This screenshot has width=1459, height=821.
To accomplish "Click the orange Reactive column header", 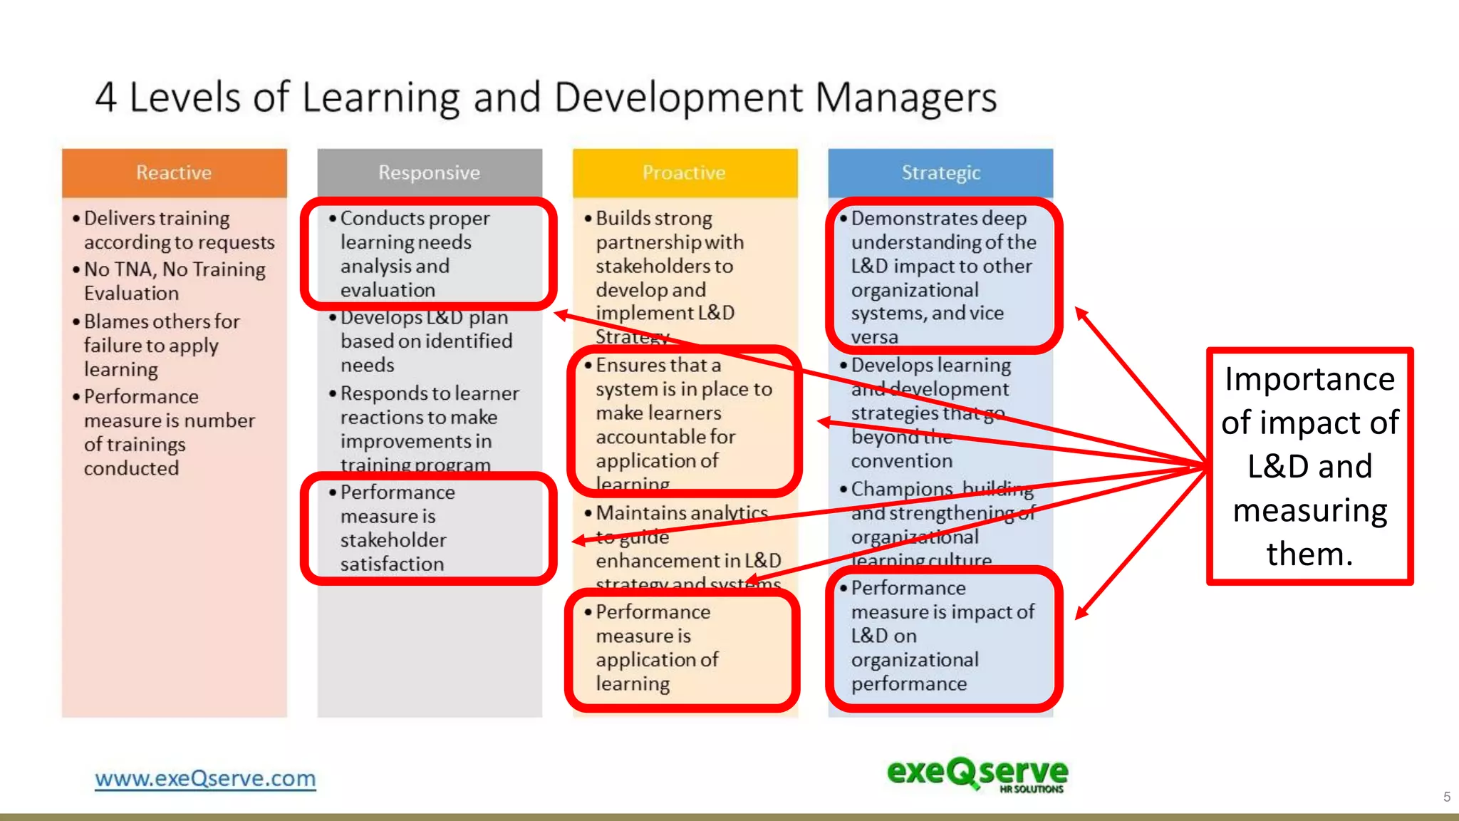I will coord(174,172).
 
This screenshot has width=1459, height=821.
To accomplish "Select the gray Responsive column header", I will coord(429,172).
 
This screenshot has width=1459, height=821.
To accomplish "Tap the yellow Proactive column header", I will coord(684,172).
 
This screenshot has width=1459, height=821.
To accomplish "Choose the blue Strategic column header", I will coord(940,172).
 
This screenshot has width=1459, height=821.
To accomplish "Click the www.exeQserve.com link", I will coord(205,778).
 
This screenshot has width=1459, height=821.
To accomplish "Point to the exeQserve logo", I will coord(977,774).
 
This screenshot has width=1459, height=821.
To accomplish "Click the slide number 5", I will coord(1446,797).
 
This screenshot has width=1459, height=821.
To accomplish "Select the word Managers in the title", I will coord(905,97).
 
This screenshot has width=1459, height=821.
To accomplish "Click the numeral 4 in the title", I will coord(106,97).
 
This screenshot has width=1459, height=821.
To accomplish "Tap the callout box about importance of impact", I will coord(1309,466).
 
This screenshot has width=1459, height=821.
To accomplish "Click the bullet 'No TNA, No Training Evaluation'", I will coord(174,281).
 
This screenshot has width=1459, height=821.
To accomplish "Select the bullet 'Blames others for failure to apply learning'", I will coord(161,345).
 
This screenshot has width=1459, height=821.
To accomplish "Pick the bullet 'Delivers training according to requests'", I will coord(178,229).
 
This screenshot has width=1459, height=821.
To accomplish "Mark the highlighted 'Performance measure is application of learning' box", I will coord(682,648).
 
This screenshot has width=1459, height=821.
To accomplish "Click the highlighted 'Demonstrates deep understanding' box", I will coord(943,277).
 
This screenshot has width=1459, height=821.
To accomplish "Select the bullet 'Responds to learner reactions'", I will coord(429,429).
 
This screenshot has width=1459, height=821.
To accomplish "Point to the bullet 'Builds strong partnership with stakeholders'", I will coord(668,277).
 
